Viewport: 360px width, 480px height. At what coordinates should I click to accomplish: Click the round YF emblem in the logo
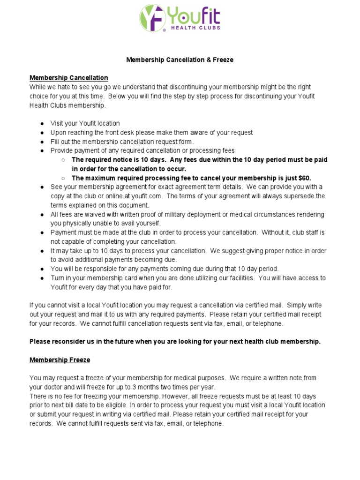(x=152, y=18)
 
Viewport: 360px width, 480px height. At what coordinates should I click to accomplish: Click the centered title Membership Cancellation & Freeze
(x=180, y=60)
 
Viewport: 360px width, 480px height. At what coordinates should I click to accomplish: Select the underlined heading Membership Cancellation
(x=68, y=78)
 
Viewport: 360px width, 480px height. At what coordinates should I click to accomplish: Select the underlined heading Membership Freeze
(x=60, y=360)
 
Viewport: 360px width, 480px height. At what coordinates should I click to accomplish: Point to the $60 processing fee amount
(x=303, y=178)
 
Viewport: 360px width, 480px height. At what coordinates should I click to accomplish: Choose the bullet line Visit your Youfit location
(x=85, y=123)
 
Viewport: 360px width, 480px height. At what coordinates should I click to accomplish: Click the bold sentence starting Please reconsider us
(x=175, y=342)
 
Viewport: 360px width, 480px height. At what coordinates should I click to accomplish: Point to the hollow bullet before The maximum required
(x=63, y=178)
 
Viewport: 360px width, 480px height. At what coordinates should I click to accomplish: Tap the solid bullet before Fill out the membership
(x=42, y=142)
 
